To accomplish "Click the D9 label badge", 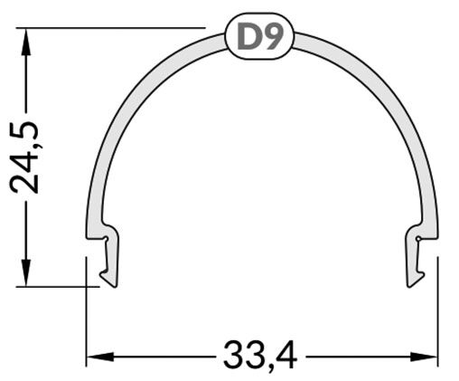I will (x=260, y=38).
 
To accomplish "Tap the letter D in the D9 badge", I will (x=249, y=38).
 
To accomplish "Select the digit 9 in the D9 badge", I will (x=273, y=38).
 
